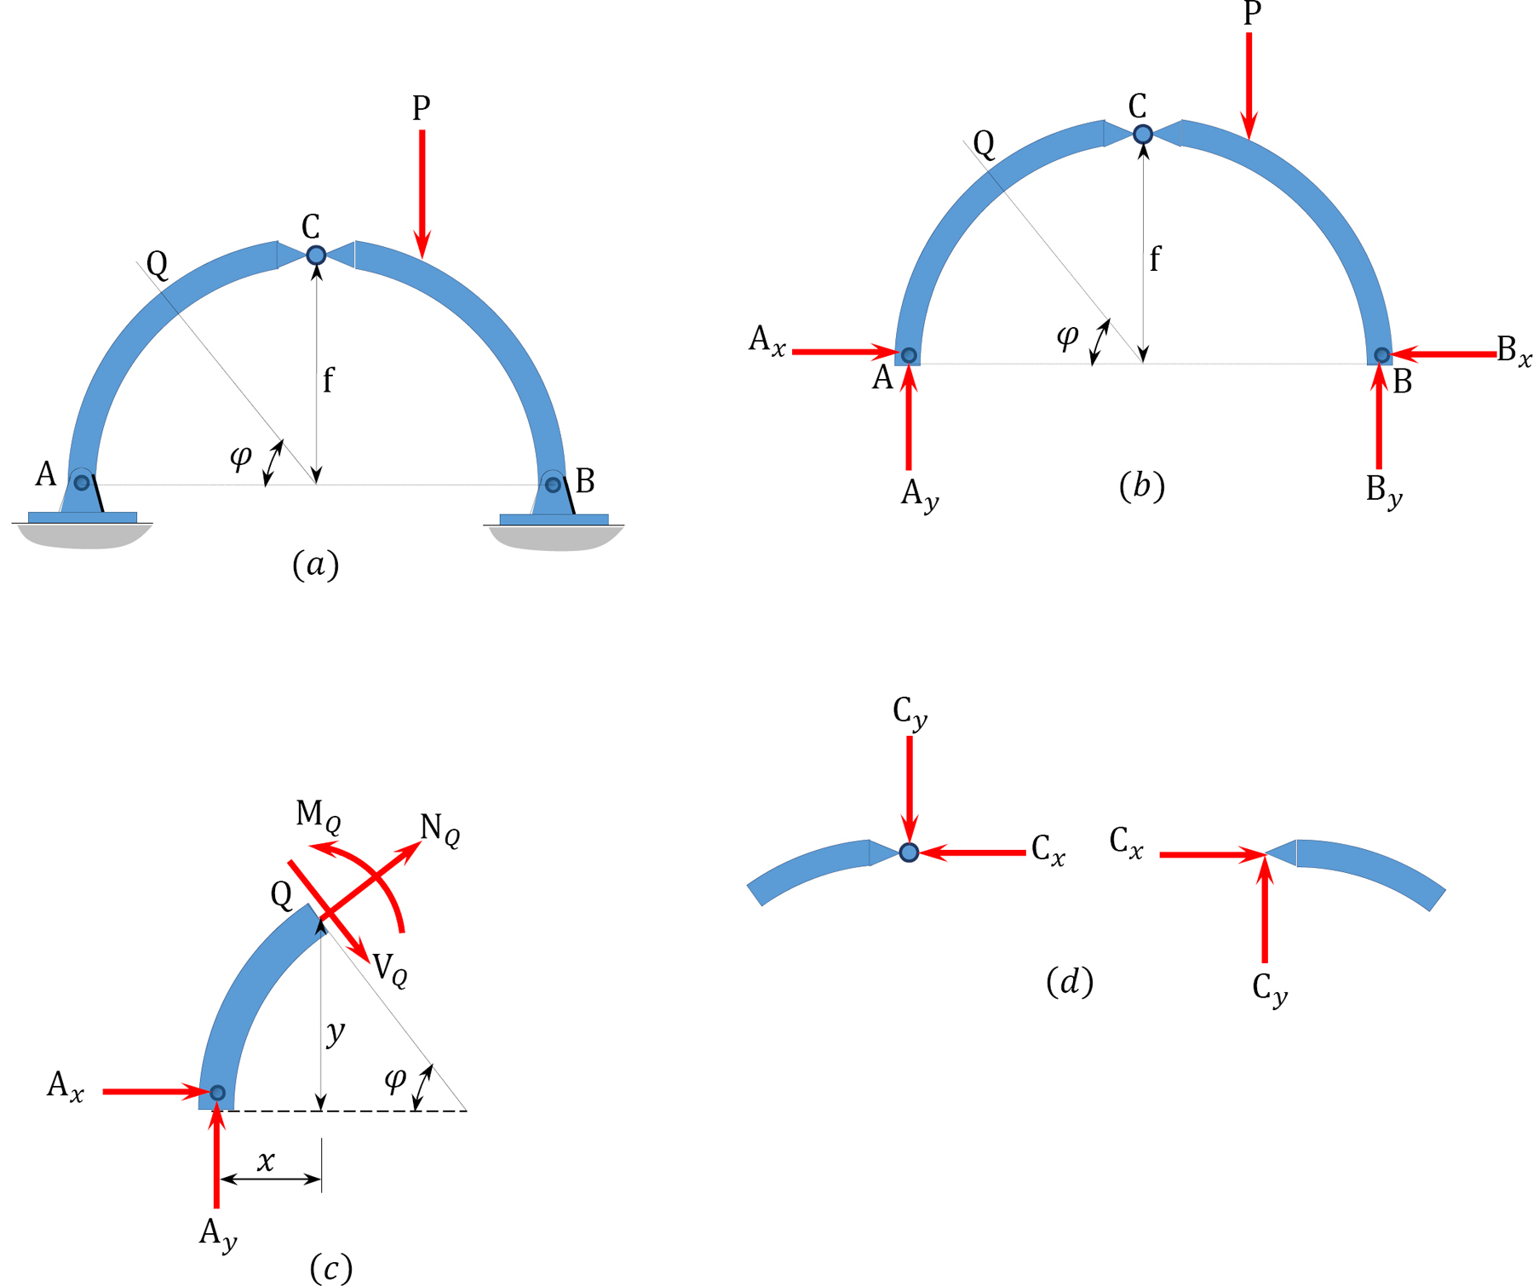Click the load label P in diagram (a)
click(x=421, y=108)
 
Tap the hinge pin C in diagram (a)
click(x=316, y=255)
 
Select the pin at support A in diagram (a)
click(x=82, y=483)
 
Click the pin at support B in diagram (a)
click(x=553, y=485)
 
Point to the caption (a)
click(x=315, y=564)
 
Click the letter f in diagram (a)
click(x=328, y=379)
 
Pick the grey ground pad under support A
click(x=84, y=537)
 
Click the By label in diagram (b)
click(x=1383, y=491)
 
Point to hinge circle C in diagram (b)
click(x=1143, y=134)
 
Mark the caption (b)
click(x=1141, y=485)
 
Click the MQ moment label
click(x=319, y=816)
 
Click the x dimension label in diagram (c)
click(x=267, y=1161)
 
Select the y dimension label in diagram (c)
click(x=336, y=1032)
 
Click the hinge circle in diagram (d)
click(x=909, y=852)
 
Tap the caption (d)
click(x=1069, y=982)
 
